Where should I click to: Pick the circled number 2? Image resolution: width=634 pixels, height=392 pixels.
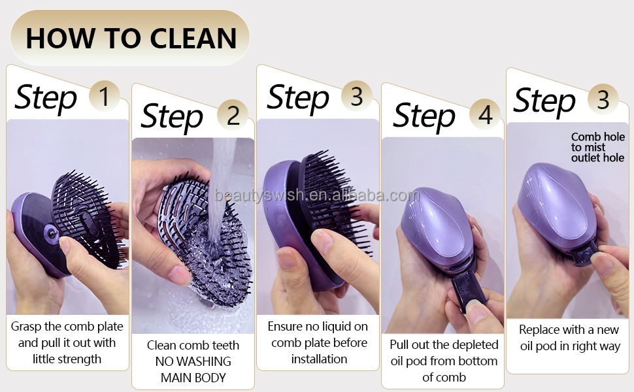point(233,115)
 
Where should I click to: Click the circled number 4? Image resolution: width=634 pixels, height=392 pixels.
point(485,114)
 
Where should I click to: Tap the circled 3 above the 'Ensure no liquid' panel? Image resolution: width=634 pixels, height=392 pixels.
point(356,97)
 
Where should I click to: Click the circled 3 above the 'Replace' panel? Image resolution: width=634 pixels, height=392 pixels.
point(603,99)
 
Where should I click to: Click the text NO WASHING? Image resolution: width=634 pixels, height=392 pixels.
point(193,361)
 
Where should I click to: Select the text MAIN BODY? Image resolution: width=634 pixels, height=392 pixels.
point(193,377)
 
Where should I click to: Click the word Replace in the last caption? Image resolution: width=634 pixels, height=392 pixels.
point(541,330)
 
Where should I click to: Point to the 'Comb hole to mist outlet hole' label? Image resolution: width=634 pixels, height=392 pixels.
point(597,147)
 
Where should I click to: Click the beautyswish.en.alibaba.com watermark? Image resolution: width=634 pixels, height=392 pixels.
point(317,195)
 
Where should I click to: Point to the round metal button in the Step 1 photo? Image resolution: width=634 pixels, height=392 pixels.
point(49,231)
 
